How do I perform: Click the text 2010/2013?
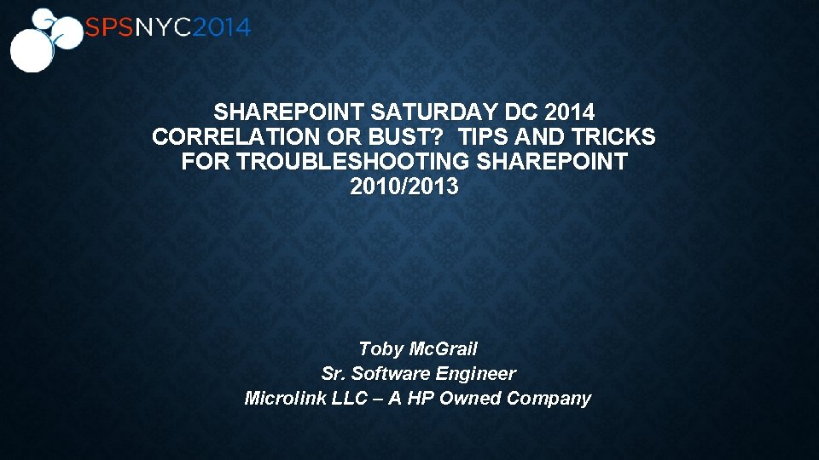[x=404, y=187]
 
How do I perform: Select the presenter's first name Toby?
[x=380, y=349]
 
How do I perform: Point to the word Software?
[x=392, y=374]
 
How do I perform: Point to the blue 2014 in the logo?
[x=221, y=28]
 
